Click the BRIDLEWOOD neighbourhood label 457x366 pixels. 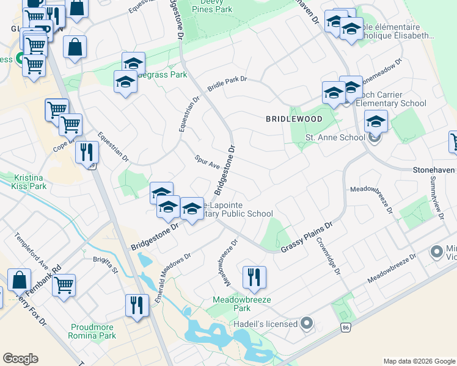tap(290, 119)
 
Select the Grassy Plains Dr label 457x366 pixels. tap(306, 238)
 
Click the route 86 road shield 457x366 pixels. tap(346, 328)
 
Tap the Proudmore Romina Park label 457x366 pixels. tap(93, 331)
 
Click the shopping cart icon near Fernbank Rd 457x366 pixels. tap(64, 284)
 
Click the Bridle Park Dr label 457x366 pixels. tap(227, 84)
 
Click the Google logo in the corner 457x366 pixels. tap(20, 359)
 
